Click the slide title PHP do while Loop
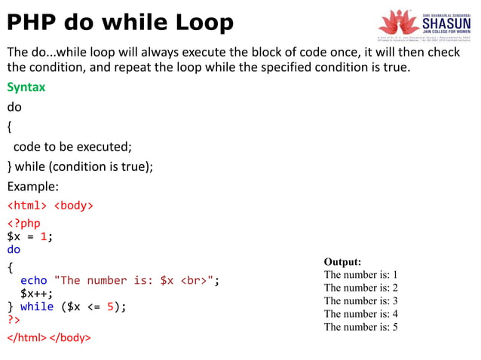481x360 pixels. [x=121, y=23]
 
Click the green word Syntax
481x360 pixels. [x=26, y=87]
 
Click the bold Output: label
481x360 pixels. [x=342, y=261]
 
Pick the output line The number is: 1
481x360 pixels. [x=360, y=275]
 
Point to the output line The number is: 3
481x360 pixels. [x=360, y=301]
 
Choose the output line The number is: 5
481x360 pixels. [x=360, y=327]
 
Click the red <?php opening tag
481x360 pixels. [x=23, y=223]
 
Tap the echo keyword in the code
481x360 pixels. [x=33, y=280]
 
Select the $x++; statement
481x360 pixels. [x=36, y=294]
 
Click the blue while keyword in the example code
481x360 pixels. [x=37, y=307]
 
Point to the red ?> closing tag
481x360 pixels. [x=14, y=320]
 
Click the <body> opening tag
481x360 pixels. [x=73, y=205]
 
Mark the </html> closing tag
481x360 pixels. [x=26, y=337]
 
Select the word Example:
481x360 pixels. [x=33, y=186]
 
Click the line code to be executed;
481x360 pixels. [x=72, y=146]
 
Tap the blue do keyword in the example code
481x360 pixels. [x=14, y=249]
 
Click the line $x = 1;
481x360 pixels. [x=30, y=236]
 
